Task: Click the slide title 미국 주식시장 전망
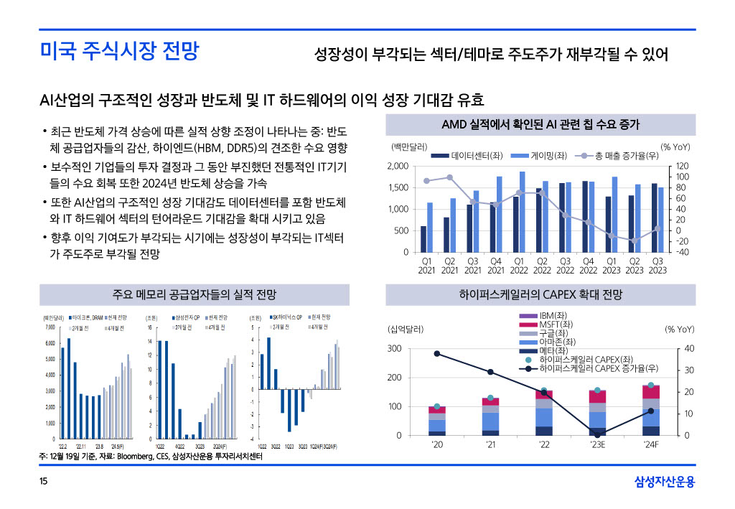(x=119, y=52)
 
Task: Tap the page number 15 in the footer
(x=44, y=482)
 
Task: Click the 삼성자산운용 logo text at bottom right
(x=665, y=482)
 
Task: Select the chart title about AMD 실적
(x=540, y=125)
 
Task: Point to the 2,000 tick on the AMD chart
(x=398, y=167)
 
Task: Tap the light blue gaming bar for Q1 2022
(x=522, y=212)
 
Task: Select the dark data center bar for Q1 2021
(x=423, y=239)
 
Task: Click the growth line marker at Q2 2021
(x=450, y=177)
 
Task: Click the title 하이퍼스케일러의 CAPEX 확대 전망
(x=540, y=295)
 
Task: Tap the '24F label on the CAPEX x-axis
(x=650, y=445)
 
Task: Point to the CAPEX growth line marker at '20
(x=436, y=353)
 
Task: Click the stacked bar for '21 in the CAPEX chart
(x=490, y=416)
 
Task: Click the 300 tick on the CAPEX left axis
(x=394, y=349)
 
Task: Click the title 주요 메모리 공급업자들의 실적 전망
(x=195, y=295)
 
